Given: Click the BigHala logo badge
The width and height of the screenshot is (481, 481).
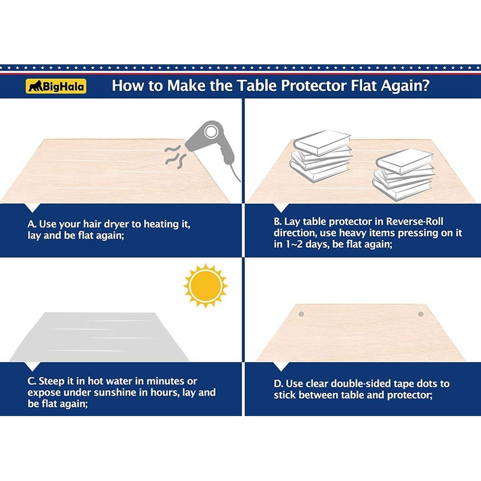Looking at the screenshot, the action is coord(56,86).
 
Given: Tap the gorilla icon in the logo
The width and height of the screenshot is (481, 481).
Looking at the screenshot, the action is coord(35,87).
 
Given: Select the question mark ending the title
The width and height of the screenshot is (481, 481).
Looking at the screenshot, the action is coord(426,85).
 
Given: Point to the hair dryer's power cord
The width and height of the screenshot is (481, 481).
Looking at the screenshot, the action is coord(234,173).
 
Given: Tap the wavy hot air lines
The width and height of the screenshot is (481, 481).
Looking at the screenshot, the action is coord(175,155).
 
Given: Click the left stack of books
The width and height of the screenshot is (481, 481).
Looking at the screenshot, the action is coord(321,156).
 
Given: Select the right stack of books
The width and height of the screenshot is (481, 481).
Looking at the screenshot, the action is coord(403,174).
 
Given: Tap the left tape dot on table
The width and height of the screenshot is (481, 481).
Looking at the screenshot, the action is coord(301,314).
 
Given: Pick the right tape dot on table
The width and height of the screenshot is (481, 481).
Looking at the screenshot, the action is coord(421,314).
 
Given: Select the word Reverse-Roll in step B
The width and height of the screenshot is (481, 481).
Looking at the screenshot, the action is coord(414,221).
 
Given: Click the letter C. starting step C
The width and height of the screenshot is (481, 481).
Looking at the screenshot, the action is coord(32,381).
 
